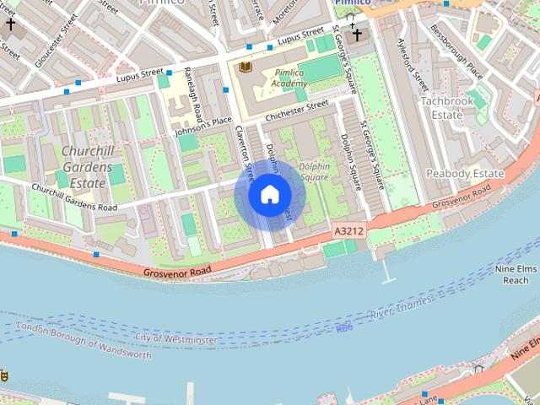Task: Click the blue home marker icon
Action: (x=269, y=195)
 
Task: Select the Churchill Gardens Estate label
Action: (x=86, y=167)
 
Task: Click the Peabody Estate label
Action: (x=464, y=173)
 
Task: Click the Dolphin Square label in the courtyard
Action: (x=313, y=171)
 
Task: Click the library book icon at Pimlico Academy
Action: (x=246, y=67)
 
